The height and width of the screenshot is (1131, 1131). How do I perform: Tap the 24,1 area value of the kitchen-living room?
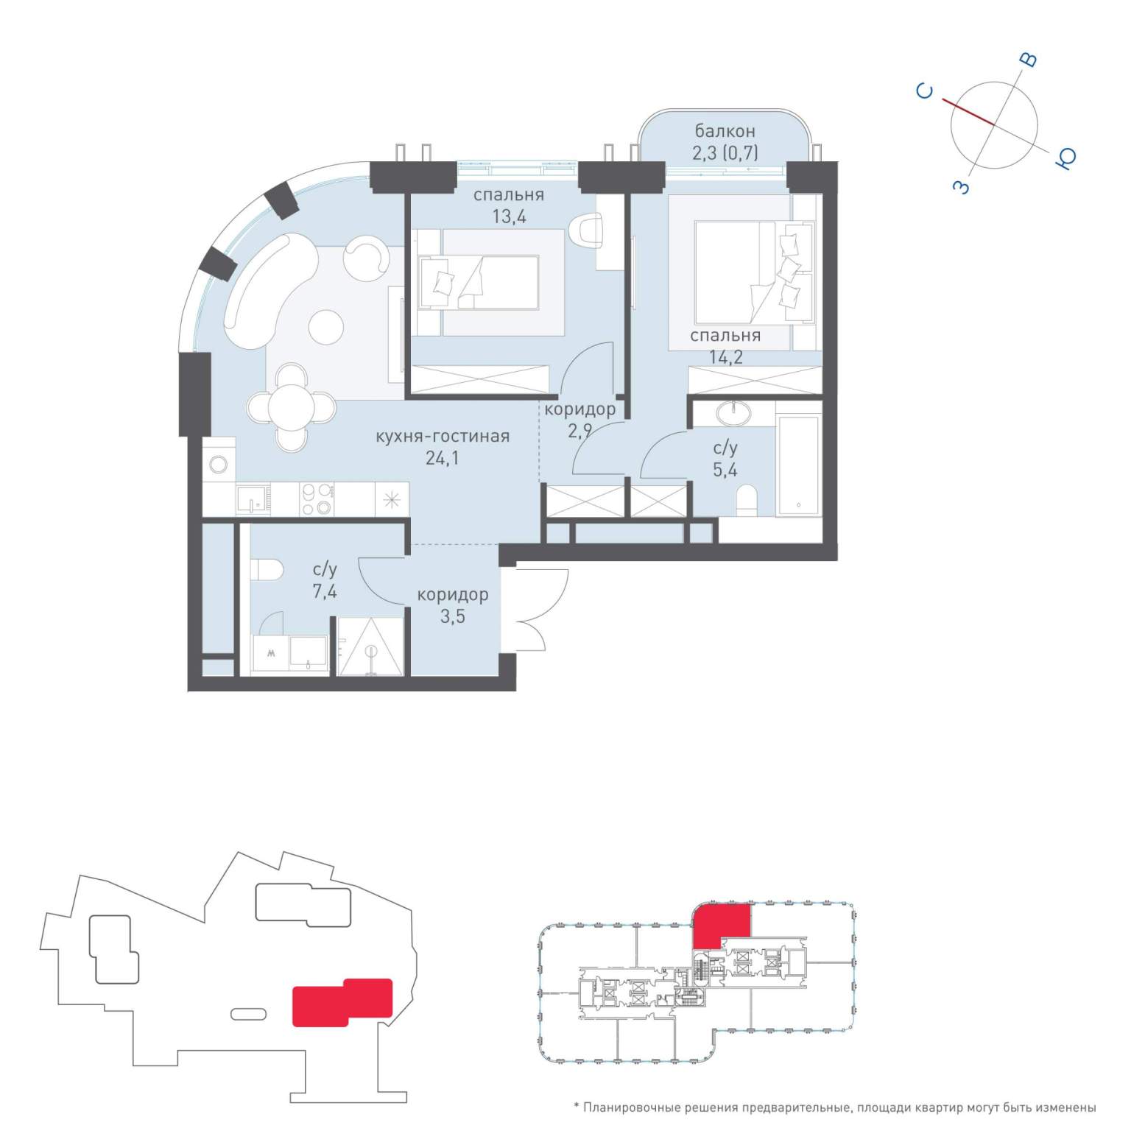coord(442,458)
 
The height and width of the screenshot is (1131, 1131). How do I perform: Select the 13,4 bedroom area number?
coord(510,216)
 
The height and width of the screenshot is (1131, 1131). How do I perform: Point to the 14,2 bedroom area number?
coord(725,358)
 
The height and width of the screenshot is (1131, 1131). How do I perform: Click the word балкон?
coord(725,131)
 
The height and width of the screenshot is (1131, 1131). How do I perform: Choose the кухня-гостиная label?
coord(443,436)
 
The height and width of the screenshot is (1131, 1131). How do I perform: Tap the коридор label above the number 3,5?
coord(452,594)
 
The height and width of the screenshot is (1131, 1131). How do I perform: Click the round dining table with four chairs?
coord(292,406)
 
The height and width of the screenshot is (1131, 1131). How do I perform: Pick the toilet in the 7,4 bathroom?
coord(267,569)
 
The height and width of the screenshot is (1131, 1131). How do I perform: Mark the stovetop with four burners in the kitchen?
coord(317,498)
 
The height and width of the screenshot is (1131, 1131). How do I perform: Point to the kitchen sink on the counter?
coord(253,499)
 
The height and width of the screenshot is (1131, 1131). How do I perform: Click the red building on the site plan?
coord(342,1001)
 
